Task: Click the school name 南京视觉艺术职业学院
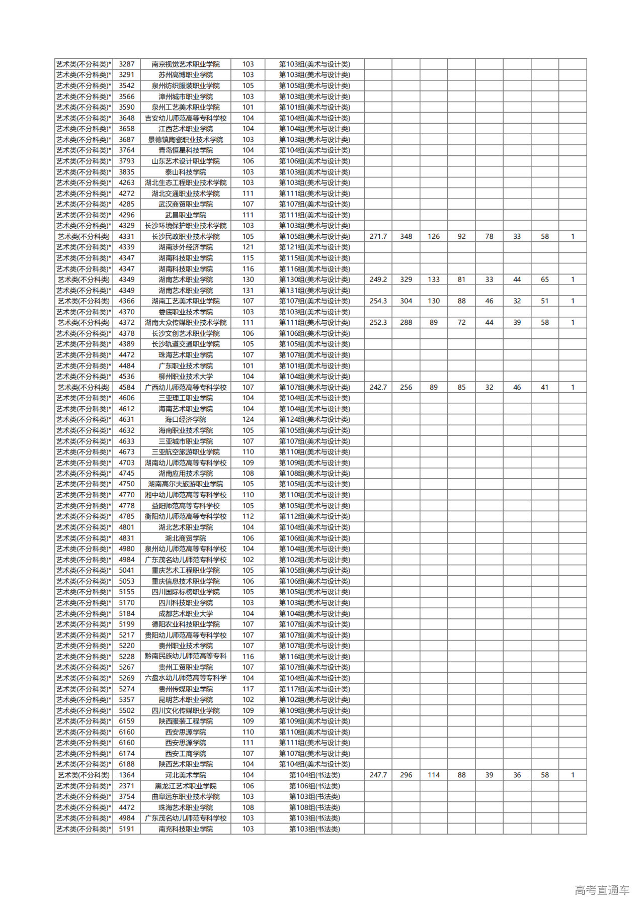[186, 64]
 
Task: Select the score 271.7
[378, 236]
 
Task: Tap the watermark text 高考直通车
[601, 890]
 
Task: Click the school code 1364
[127, 775]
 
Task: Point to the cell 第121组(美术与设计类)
[314, 247]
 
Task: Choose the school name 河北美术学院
[186, 775]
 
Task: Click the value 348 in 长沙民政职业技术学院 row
[406, 236]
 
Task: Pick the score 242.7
[378, 387]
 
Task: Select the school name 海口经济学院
[186, 419]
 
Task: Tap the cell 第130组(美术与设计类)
[314, 280]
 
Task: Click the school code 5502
[127, 710]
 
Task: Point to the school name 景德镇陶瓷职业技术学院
[186, 140]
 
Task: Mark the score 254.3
[378, 301]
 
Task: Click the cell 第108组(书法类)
[314, 807]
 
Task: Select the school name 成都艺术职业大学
[186, 613]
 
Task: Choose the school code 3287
[127, 64]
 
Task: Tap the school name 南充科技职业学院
[186, 829]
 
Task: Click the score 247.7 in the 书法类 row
[378, 775]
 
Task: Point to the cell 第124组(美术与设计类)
[314, 419]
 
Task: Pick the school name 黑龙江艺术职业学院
[186, 786]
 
